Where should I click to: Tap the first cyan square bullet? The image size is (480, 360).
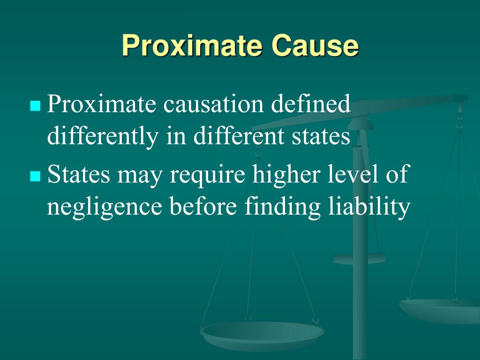click(x=35, y=106)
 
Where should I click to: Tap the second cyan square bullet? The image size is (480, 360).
click(x=35, y=176)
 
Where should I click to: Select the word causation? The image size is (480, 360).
click(x=214, y=104)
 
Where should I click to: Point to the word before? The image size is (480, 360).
click(x=202, y=207)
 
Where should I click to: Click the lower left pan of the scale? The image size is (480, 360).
click(x=262, y=334)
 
